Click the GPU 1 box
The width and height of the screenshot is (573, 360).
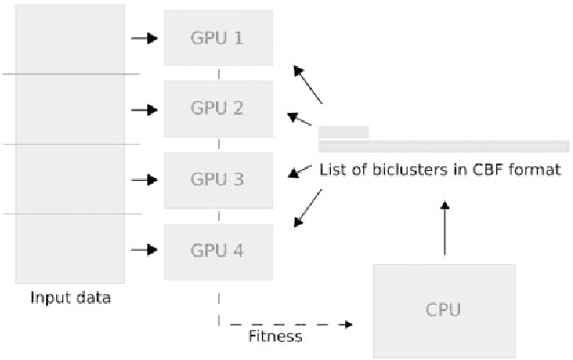click(218, 38)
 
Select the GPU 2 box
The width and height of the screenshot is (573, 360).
click(218, 109)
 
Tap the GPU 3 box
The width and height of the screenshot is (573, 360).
click(218, 179)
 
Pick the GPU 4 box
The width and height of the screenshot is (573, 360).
click(218, 251)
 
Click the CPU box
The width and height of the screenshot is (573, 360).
click(444, 309)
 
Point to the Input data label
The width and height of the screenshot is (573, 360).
click(70, 298)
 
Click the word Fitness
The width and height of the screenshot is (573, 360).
click(275, 336)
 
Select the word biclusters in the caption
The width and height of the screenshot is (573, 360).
click(400, 168)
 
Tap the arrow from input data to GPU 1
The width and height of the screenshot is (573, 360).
click(145, 38)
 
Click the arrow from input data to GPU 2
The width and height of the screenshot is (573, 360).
click(145, 109)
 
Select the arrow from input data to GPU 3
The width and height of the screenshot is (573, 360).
click(145, 180)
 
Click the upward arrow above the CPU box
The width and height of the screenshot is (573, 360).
click(444, 226)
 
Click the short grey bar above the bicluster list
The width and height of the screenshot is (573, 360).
click(343, 132)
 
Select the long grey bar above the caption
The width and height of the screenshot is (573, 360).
click(444, 147)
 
